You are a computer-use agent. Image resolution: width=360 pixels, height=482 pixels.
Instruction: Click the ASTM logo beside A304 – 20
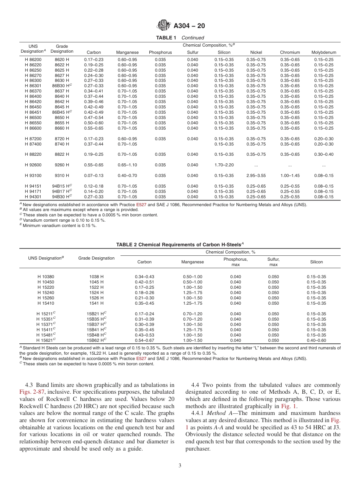164,26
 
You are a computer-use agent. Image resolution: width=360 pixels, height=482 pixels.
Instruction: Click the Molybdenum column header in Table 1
324,52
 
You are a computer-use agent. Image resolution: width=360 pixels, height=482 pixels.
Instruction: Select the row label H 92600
33,165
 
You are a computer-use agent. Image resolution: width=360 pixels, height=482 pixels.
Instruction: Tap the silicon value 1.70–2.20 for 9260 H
224,165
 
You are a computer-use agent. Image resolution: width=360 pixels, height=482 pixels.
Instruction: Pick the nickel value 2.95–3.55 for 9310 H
256,175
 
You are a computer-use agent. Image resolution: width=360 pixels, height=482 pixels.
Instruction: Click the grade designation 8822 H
62,154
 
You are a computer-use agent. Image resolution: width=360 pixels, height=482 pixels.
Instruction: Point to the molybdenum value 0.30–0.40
324,154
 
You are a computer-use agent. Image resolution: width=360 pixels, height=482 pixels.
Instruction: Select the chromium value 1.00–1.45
290,175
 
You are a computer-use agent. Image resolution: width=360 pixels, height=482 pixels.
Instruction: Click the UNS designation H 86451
33,112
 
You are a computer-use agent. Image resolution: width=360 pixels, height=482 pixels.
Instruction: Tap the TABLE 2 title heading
180,244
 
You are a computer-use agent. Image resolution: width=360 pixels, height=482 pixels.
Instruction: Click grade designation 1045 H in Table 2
96,282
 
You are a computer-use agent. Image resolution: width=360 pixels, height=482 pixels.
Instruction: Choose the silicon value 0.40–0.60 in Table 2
316,340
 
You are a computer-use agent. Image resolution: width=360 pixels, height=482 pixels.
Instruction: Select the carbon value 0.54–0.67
144,340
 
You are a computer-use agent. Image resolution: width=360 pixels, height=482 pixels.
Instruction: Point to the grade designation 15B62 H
96,340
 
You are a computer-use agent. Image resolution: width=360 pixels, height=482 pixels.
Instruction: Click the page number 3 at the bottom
180,466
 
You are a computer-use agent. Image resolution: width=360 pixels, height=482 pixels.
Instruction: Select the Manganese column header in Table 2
193,262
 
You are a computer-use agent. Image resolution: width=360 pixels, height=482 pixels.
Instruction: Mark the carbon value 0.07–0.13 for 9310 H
94,175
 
